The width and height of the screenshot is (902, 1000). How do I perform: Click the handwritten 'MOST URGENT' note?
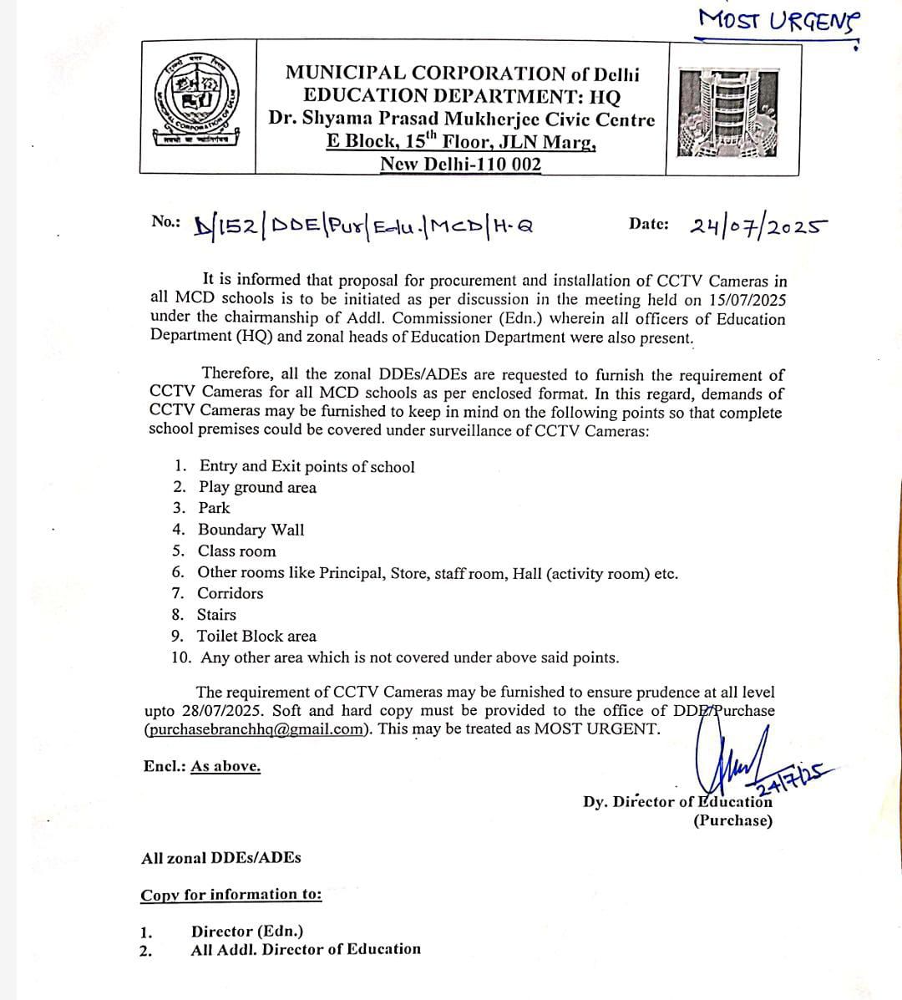pyautogui.click(x=778, y=19)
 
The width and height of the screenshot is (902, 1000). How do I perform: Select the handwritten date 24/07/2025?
pyautogui.click(x=758, y=226)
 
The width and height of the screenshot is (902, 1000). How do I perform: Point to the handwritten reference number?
pyautogui.click(x=363, y=226)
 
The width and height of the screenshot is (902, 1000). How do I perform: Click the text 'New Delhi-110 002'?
pyautogui.click(x=460, y=164)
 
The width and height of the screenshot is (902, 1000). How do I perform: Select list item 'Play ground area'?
pyautogui.click(x=257, y=488)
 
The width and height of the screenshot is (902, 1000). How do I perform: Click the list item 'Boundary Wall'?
pyautogui.click(x=251, y=530)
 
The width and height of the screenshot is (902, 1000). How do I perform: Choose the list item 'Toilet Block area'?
pyautogui.click(x=256, y=636)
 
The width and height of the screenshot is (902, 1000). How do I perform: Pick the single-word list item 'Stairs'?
pyautogui.click(x=216, y=614)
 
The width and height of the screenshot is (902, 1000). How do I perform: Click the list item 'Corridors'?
pyautogui.click(x=230, y=593)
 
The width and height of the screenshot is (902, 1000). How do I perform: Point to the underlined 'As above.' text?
pyautogui.click(x=225, y=766)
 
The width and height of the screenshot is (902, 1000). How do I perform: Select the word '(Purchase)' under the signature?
pyautogui.click(x=732, y=820)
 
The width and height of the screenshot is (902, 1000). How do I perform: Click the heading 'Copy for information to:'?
pyautogui.click(x=231, y=895)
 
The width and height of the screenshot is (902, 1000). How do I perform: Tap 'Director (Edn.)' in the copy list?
pyautogui.click(x=247, y=931)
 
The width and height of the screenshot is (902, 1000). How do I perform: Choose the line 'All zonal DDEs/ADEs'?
pyautogui.click(x=221, y=858)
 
